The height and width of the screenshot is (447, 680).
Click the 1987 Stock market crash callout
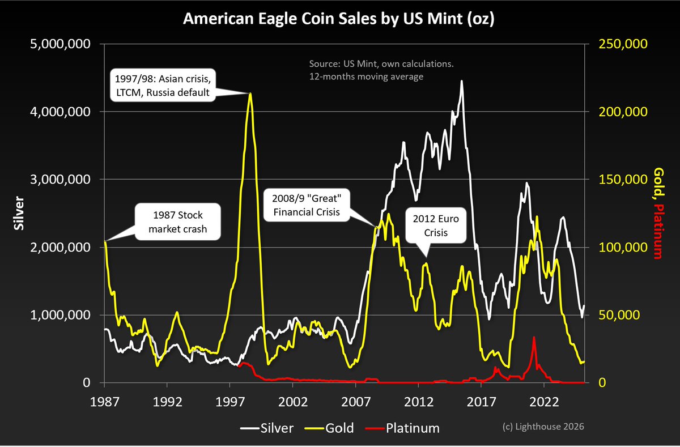pos(177,222)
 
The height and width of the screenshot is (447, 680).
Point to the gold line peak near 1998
pos(250,93)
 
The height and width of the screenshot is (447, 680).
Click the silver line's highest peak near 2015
pos(462,81)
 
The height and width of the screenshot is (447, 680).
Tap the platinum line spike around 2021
pos(534,338)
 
